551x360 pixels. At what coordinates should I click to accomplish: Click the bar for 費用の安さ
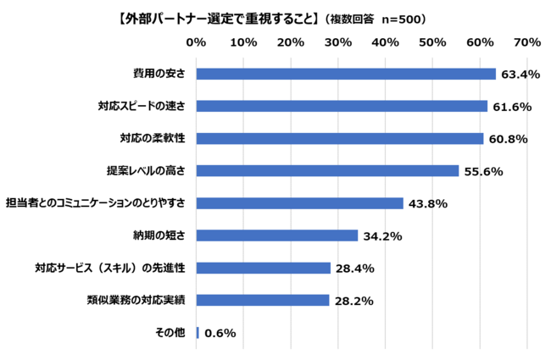(x=346, y=74)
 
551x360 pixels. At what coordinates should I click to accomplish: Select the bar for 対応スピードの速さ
(x=342, y=106)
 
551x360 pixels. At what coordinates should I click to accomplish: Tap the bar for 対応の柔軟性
(x=339, y=138)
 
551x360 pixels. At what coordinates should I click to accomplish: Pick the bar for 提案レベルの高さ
(x=327, y=170)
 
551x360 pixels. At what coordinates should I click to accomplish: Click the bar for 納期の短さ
(x=276, y=235)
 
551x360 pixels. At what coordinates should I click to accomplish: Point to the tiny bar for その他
(x=198, y=333)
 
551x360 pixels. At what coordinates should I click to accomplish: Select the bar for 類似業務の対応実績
(x=262, y=300)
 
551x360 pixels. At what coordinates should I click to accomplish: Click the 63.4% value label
(x=520, y=75)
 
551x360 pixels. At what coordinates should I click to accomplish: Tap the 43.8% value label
(x=427, y=203)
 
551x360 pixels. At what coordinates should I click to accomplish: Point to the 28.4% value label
(x=354, y=269)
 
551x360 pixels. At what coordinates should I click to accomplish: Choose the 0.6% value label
(x=220, y=333)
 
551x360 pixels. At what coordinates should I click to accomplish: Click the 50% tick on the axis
(x=432, y=42)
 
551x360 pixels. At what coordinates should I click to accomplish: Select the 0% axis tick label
(x=196, y=42)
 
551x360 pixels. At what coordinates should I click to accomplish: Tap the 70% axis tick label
(x=527, y=42)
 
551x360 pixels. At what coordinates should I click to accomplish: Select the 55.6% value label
(x=483, y=171)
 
